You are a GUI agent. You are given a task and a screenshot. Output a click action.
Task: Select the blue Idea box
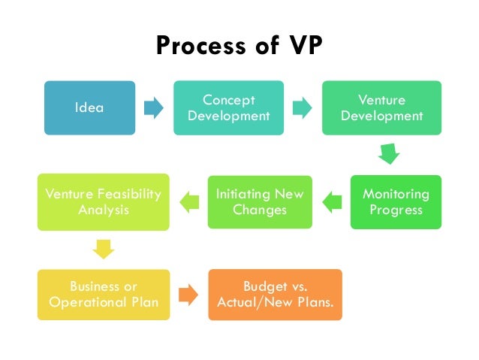tap(89, 107)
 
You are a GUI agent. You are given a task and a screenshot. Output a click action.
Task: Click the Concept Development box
tap(229, 107)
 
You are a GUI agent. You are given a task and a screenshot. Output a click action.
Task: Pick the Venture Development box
tap(381, 107)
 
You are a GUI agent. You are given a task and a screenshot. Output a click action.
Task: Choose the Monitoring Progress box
tap(396, 201)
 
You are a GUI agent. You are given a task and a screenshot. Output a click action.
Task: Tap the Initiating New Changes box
tap(260, 201)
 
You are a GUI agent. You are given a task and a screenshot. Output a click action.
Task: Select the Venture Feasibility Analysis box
tap(103, 201)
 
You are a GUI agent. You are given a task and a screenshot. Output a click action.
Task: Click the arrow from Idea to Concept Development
tap(154, 107)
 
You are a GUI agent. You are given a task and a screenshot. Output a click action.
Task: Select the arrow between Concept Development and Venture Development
tap(303, 107)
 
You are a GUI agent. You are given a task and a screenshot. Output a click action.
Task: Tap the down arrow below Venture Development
tap(389, 154)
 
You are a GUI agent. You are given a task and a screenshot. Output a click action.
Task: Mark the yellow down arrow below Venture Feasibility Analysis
tap(103, 248)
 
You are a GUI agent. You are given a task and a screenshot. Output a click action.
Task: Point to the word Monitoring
tap(396, 194)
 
